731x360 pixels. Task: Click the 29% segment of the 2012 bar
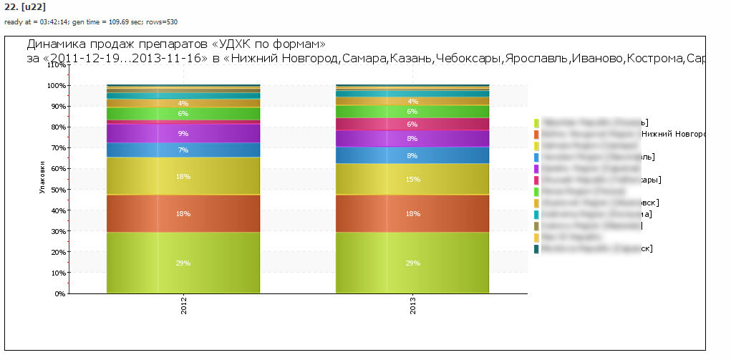tap(183, 263)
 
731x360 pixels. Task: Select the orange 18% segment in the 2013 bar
tap(413, 213)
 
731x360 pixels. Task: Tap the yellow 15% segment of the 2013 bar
tap(413, 179)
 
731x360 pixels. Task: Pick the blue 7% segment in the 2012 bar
tap(183, 150)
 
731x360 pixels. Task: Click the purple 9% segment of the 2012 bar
tap(183, 133)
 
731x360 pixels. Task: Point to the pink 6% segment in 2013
tap(413, 124)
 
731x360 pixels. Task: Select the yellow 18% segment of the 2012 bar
tap(183, 175)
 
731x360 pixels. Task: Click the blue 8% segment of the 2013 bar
tap(413, 155)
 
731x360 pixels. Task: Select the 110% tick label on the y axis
tap(56, 64)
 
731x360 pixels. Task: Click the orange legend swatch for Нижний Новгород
tap(536, 134)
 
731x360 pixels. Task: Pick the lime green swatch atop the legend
tap(536, 122)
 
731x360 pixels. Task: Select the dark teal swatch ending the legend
tap(536, 248)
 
